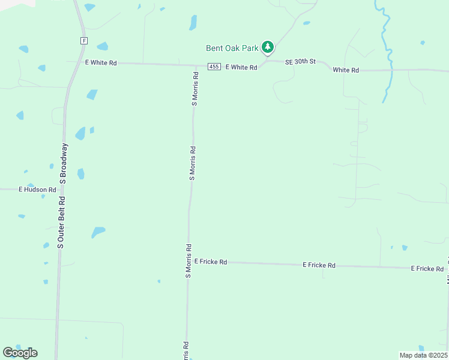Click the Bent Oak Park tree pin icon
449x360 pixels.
pos(268,47)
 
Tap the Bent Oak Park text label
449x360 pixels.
pos(232,48)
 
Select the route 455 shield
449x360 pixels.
pos(214,67)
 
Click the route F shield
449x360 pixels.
pos(84,41)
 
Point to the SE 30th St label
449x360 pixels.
pos(300,62)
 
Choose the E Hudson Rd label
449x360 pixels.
pos(37,190)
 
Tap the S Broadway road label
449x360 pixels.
pos(63,163)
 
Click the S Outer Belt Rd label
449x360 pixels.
pos(61,221)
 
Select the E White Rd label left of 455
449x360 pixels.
pos(101,62)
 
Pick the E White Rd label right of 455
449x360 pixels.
pos(241,67)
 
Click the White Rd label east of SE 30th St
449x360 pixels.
pos(346,70)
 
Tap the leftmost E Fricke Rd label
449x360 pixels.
pos(210,262)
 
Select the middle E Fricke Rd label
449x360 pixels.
pos(319,265)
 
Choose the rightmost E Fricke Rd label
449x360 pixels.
pos(427,268)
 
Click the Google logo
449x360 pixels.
pos(20,353)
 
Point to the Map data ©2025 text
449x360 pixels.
pos(423,355)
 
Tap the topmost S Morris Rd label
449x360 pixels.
pos(195,89)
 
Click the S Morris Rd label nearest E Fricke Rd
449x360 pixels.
pos(188,260)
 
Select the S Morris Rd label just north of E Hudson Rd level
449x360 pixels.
pos(193,162)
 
